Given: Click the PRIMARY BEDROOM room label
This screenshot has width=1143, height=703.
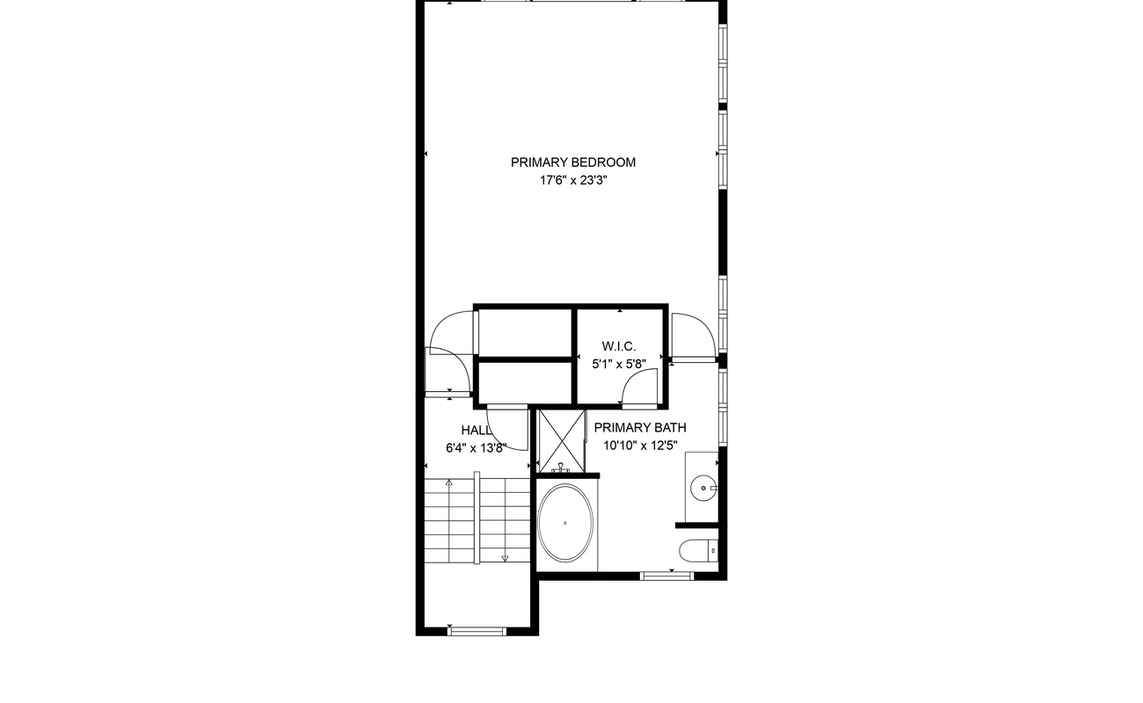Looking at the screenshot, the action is [x=573, y=163].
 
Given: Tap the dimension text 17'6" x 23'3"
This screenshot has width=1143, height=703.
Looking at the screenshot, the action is [x=573, y=180].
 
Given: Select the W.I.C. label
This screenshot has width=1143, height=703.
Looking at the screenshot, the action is [x=618, y=346].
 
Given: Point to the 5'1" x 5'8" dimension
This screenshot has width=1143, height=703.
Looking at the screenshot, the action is [x=619, y=365].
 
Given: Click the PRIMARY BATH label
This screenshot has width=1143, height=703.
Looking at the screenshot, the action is [x=640, y=428].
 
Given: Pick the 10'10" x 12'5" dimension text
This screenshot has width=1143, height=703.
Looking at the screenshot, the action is [x=640, y=446].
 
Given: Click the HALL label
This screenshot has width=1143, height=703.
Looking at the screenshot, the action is [x=477, y=430].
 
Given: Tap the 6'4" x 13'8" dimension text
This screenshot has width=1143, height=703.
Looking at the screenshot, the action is [x=476, y=448].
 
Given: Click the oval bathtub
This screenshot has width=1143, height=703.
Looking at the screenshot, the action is [x=565, y=523].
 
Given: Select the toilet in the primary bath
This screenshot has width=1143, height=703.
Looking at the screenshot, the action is [x=699, y=550].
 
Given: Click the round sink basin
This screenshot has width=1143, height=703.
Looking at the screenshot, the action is [x=703, y=489].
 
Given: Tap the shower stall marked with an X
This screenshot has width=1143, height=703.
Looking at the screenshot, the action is [x=562, y=441].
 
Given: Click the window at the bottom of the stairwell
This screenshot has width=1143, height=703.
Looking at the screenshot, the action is [x=477, y=632].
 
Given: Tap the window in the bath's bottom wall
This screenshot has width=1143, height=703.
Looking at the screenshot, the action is [x=667, y=576].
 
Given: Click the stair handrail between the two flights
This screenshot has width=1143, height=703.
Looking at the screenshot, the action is [x=477, y=518].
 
